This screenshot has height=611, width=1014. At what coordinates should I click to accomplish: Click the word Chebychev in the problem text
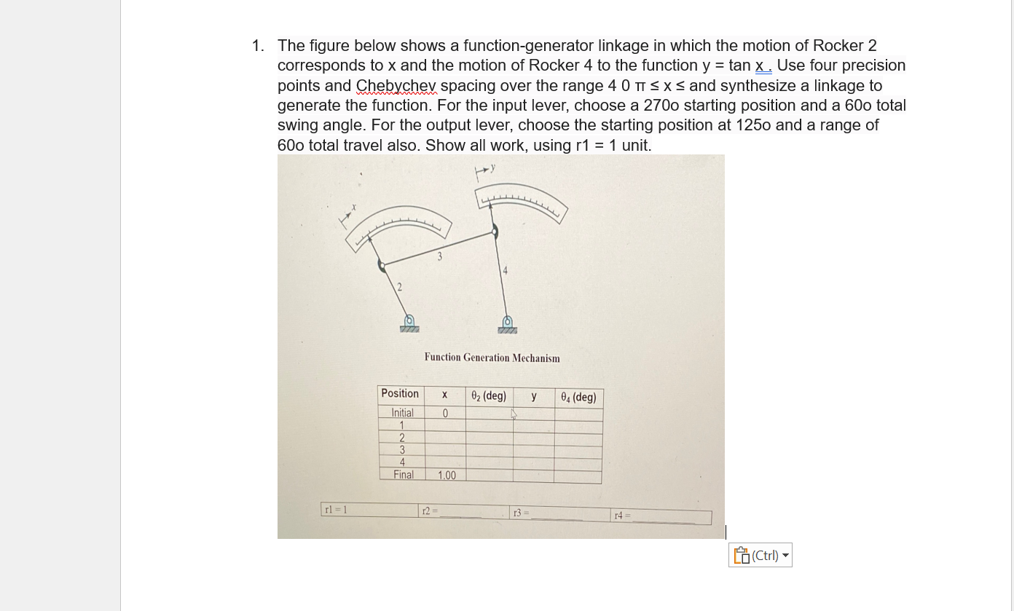pos(396,86)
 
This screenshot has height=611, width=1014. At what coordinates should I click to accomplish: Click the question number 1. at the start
pos(259,46)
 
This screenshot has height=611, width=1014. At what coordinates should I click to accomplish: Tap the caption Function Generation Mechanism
pos(492,358)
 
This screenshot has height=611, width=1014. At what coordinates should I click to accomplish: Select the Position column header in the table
pos(400,393)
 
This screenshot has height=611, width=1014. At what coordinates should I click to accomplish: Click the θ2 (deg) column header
pos(488,396)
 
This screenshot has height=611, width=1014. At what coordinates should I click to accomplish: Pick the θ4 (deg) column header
pos(578,398)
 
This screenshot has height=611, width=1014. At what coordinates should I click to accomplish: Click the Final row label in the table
pos(403,475)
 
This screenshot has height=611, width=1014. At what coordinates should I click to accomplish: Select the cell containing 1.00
pos(447,476)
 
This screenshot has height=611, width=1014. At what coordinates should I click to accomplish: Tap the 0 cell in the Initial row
pos(445,414)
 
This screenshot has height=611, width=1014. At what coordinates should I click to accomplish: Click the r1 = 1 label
pos(335,510)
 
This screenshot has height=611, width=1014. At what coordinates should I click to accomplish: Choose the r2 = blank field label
pos(429,511)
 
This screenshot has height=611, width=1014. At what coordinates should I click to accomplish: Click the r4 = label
pos(620,516)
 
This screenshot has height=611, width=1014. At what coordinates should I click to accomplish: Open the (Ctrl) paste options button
pos(760,556)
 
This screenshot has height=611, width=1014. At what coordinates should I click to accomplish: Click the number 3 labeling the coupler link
pos(439,256)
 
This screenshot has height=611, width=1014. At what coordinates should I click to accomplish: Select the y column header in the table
pos(534,397)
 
